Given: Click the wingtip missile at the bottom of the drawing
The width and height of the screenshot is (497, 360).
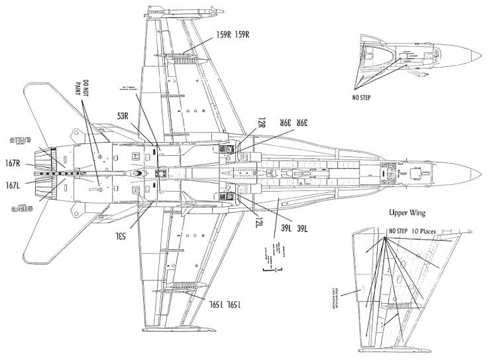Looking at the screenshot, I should [176, 328].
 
